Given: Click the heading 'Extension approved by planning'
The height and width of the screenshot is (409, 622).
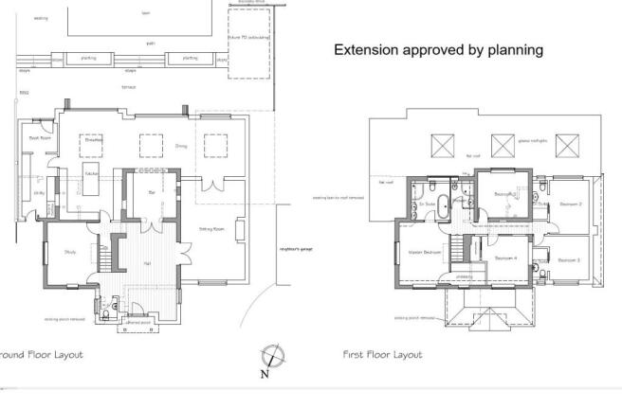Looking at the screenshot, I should click(438, 50).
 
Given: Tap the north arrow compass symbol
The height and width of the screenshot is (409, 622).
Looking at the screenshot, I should click(273, 358).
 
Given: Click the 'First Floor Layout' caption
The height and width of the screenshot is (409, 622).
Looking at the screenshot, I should click(382, 355).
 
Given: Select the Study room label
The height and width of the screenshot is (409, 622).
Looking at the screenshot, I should click(70, 252).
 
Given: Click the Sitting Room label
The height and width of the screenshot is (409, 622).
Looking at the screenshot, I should click(210, 229).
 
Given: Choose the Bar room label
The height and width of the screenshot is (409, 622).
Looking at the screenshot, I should click(152, 192).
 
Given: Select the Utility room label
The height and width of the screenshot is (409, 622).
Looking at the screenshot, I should click(39, 192).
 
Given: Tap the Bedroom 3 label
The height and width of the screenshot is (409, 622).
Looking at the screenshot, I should click(569, 259).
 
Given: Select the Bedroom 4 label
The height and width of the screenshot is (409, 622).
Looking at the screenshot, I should click(504, 258).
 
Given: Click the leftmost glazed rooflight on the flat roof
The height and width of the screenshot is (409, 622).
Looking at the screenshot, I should click(442, 145).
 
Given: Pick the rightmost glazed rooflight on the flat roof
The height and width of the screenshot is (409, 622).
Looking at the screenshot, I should click(567, 145).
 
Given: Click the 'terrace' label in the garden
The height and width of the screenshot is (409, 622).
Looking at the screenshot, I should click(128, 86).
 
